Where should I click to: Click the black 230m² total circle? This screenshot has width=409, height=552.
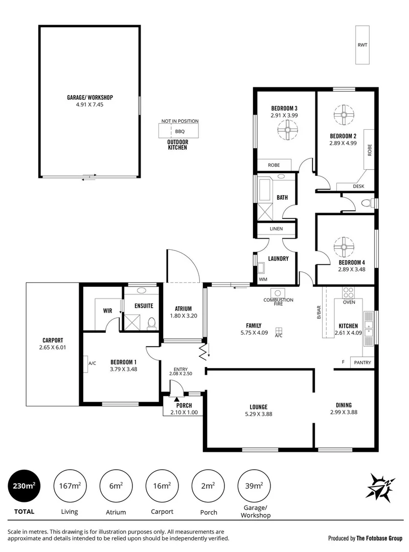24,486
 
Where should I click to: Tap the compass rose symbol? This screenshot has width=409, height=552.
381,486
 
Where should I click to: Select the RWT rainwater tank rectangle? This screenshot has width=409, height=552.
362,45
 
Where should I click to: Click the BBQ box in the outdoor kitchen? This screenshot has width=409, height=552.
179,131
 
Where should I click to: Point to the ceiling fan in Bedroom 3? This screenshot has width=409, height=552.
287,133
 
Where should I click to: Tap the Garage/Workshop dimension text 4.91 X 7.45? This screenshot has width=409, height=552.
89,104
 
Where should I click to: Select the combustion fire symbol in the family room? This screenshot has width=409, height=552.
278,293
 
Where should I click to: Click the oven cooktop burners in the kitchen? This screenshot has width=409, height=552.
349,293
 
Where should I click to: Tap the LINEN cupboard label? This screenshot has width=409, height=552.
276,228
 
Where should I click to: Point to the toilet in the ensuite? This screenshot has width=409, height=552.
151,323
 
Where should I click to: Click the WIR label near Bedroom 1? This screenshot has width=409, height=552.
107,310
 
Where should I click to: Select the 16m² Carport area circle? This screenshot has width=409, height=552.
162,486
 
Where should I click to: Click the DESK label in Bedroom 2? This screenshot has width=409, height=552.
358,187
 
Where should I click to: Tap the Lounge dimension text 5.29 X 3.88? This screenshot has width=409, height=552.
259,414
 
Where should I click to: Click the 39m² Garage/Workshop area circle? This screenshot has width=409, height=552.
254,486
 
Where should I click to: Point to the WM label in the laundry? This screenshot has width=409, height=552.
263,279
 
